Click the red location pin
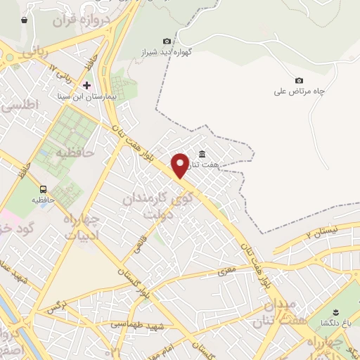pos(180,165)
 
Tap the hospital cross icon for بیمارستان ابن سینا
pos(86,84)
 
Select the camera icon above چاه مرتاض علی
pos(299,81)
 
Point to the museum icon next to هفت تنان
pos(202,155)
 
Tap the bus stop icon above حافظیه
pos(44,189)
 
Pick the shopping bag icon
pos(25,20)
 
